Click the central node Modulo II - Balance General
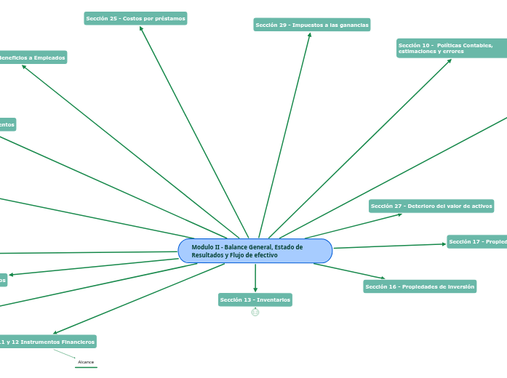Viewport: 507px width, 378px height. point(255,251)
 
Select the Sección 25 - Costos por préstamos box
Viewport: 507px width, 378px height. point(135,18)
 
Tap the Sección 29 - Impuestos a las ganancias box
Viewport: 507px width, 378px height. point(312,25)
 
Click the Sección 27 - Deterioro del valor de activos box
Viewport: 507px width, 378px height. point(431,206)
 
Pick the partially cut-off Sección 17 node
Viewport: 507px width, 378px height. point(477,241)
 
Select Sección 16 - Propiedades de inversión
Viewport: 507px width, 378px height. point(420,286)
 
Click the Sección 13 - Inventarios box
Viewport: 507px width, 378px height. point(255,299)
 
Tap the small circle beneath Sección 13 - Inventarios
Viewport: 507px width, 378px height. point(255,313)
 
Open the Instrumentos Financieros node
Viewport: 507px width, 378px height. point(48,341)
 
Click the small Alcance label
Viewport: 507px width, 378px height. point(86,361)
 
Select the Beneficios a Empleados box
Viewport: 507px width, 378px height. point(32,57)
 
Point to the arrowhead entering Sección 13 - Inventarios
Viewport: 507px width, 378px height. point(255,290)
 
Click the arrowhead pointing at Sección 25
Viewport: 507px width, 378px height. point(141,29)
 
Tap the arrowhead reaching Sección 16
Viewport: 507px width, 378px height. point(383,278)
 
